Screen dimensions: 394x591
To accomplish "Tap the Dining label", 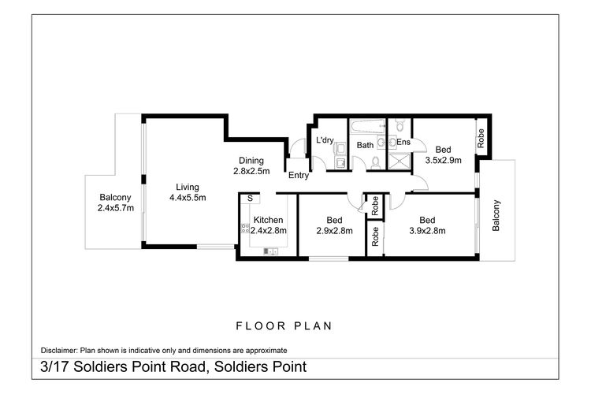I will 251,158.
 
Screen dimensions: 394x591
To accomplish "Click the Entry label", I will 298,175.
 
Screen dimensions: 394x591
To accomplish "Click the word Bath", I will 365,146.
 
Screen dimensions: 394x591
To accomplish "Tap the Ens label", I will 403,143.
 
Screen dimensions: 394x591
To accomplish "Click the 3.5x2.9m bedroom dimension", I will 443,160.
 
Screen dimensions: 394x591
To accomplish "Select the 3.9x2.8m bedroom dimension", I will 428,231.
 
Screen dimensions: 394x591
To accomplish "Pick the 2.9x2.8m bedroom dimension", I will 334,231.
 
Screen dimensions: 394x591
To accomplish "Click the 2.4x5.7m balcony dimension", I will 115,209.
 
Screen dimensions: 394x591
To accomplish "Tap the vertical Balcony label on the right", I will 496,215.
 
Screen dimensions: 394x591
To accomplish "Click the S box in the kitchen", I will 249,199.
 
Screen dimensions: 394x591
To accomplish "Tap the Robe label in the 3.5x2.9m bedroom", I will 481,139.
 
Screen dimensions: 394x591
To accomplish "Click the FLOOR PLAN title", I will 284,325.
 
